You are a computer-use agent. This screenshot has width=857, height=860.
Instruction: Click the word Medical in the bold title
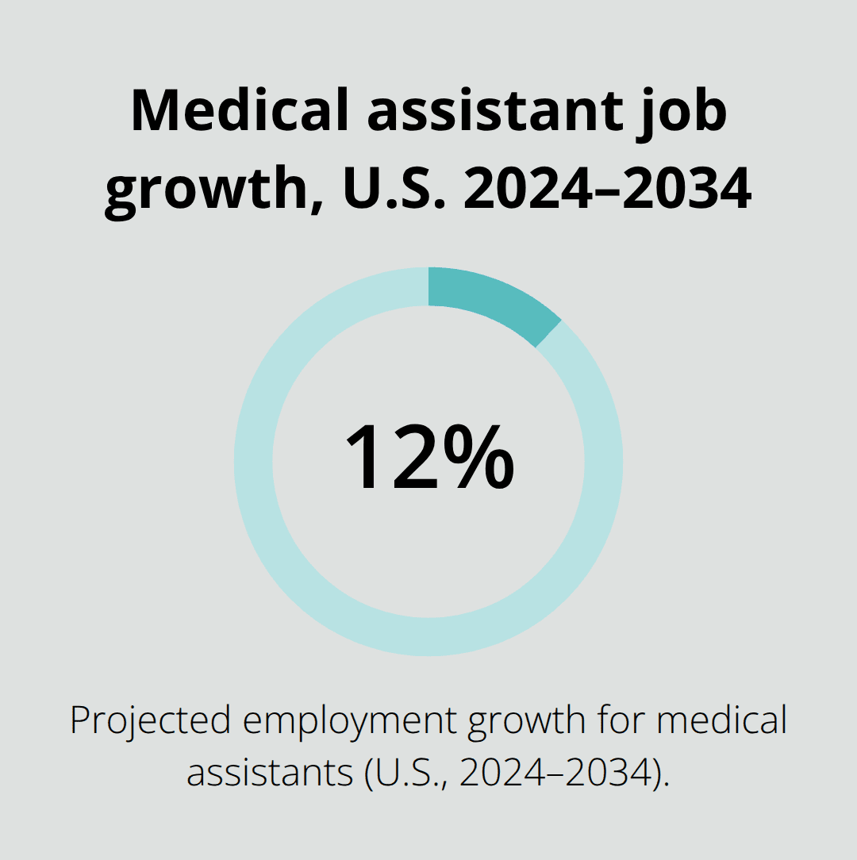point(239,111)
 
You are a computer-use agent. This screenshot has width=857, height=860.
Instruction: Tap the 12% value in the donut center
point(428,458)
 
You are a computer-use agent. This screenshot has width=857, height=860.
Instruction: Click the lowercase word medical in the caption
point(722,720)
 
